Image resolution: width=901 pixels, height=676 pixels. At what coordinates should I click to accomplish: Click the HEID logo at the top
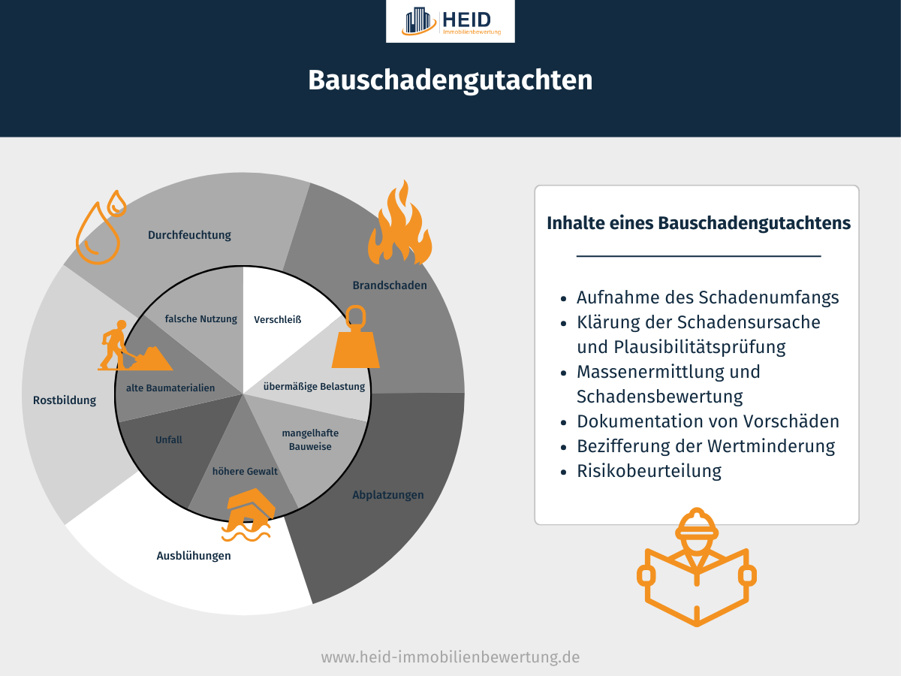coord(450,21)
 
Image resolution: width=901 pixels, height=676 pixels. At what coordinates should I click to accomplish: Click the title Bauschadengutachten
coord(450,80)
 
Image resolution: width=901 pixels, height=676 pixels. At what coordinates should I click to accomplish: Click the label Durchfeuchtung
coord(189,235)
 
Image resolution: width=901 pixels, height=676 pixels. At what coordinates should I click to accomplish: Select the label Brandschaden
coord(390,285)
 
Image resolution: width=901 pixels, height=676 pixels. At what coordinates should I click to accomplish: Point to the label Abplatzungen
coord(388,495)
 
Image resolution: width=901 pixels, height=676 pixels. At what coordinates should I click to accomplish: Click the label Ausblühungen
coord(194,557)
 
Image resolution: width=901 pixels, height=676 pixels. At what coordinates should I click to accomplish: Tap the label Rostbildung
coord(65,400)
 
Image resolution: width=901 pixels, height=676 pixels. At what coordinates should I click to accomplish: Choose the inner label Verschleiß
coord(278,319)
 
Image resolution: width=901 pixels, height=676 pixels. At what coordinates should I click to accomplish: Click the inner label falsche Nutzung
coord(201,319)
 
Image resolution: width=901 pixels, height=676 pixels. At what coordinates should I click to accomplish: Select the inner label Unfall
coord(169,440)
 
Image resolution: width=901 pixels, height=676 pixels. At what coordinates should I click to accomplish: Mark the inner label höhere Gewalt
coord(246,472)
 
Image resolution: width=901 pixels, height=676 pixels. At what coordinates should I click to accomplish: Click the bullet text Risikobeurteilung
coord(649,471)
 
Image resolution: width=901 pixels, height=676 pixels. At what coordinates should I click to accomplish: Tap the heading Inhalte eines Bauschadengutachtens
coord(698,223)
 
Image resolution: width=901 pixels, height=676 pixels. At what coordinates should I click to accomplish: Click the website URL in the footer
coord(450,657)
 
